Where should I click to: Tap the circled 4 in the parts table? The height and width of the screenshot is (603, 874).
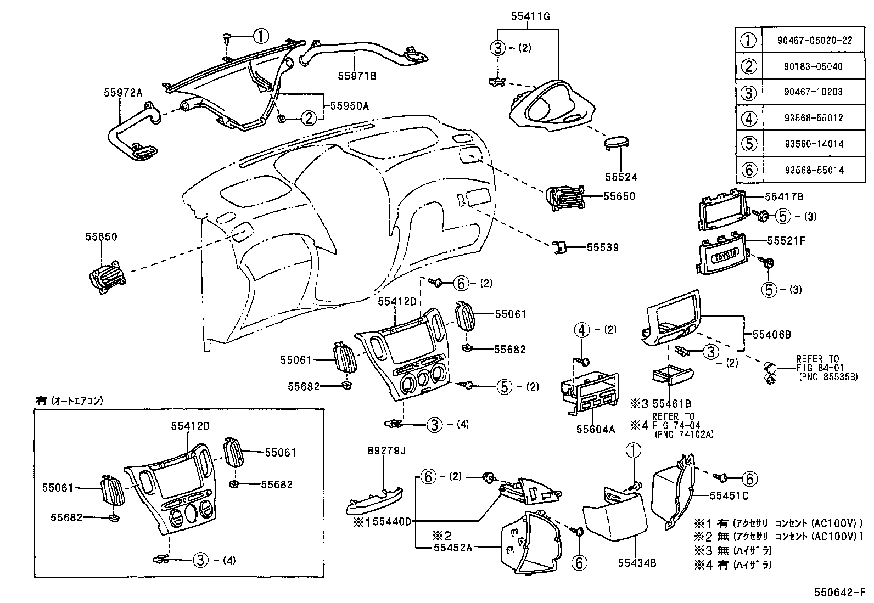(x=749, y=118)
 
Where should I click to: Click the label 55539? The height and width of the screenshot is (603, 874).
(x=602, y=247)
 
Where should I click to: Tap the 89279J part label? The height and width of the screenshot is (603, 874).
(x=386, y=451)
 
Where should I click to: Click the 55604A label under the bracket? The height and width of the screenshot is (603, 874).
(x=595, y=429)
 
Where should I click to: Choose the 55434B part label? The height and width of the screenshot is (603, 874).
(x=637, y=562)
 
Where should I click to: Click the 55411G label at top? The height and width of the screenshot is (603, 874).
(x=530, y=16)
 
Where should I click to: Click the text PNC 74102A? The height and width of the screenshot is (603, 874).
(x=683, y=434)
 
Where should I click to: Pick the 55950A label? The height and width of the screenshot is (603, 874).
(x=349, y=106)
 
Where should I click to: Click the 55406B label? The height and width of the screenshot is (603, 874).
(x=771, y=334)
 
